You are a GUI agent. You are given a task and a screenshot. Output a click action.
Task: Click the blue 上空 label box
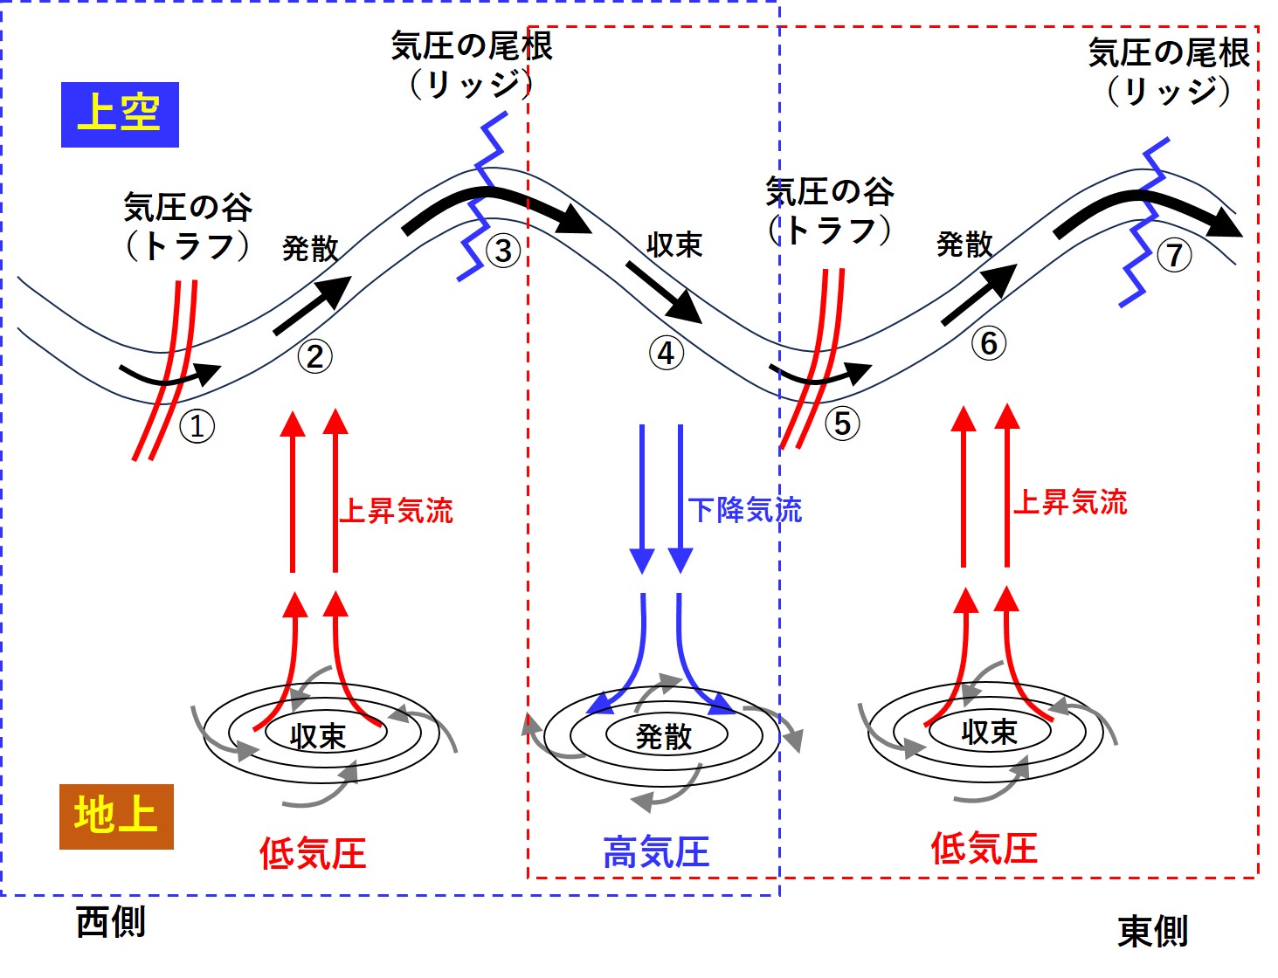point(120,114)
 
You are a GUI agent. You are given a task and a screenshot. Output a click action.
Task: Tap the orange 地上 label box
point(116,816)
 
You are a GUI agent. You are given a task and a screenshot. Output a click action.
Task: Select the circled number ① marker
point(197,426)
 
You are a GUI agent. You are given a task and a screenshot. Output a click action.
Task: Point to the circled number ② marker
point(314,355)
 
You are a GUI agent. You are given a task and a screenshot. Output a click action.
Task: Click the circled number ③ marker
point(503,251)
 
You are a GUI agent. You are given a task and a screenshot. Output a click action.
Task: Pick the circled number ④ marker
point(666,354)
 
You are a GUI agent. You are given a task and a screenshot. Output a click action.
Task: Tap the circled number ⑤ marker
point(842,424)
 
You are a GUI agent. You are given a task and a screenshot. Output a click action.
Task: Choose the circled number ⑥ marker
point(989,343)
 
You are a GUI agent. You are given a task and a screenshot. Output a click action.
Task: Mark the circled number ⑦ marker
point(1174,255)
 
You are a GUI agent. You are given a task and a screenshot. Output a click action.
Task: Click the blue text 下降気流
point(745,510)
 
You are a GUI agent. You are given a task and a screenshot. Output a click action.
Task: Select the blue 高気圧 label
point(656,852)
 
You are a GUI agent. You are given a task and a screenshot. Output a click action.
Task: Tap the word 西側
point(111,922)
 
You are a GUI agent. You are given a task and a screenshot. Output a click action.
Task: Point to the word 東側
point(1153,932)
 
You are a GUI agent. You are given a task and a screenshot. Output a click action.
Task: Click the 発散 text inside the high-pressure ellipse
point(664,737)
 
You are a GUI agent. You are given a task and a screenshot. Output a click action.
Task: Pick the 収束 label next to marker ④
point(674,245)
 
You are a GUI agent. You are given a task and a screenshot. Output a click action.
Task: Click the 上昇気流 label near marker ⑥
point(1070,502)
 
